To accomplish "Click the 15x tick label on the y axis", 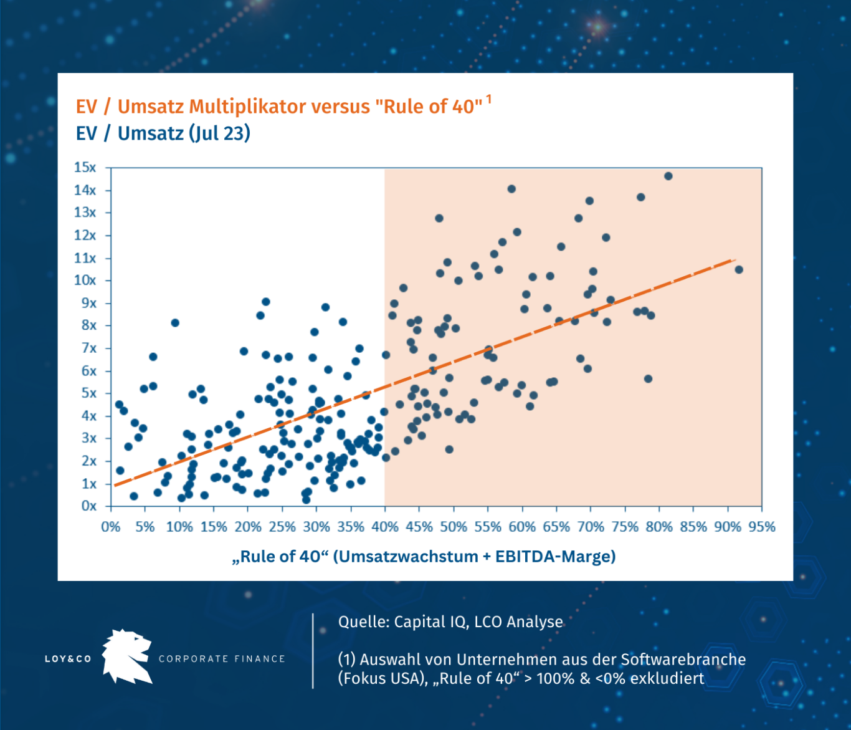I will click(x=85, y=167).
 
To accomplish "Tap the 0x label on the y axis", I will click(x=89, y=506).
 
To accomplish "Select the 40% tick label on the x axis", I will click(x=384, y=527).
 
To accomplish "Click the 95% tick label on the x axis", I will click(x=762, y=527).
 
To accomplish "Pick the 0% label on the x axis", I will click(x=110, y=527).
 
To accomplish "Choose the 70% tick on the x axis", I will click(x=591, y=527).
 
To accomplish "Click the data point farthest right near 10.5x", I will click(x=739, y=269).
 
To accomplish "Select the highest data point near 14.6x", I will click(x=668, y=176).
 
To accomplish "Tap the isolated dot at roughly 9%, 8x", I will click(x=175, y=323).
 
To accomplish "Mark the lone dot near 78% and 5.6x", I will click(x=648, y=379).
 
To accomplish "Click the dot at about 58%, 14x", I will click(x=511, y=189).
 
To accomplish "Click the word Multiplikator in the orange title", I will click(x=249, y=107).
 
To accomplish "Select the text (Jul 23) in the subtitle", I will click(x=219, y=133).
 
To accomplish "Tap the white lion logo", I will click(x=128, y=656).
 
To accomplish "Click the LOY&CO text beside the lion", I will click(x=68, y=659).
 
